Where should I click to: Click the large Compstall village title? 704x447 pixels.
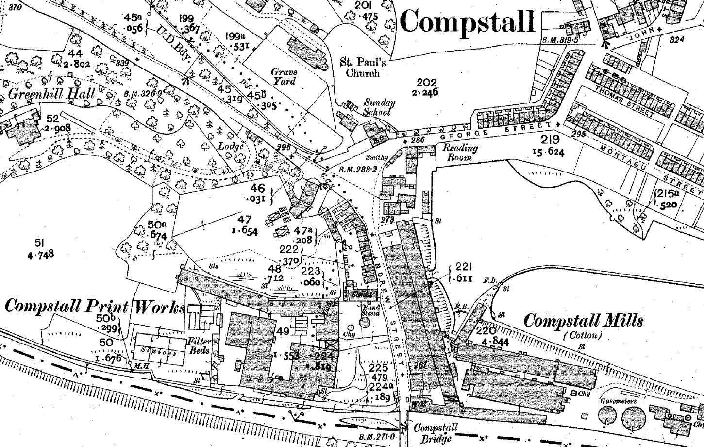click(468, 22)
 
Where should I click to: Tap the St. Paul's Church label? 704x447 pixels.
click(360, 68)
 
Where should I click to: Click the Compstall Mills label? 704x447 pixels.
click(584, 321)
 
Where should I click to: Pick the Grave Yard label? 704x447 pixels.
click(284, 77)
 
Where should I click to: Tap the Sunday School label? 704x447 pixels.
click(380, 107)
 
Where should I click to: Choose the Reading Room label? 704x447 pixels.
click(460, 152)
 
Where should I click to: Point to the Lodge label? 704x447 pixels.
click(230, 146)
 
